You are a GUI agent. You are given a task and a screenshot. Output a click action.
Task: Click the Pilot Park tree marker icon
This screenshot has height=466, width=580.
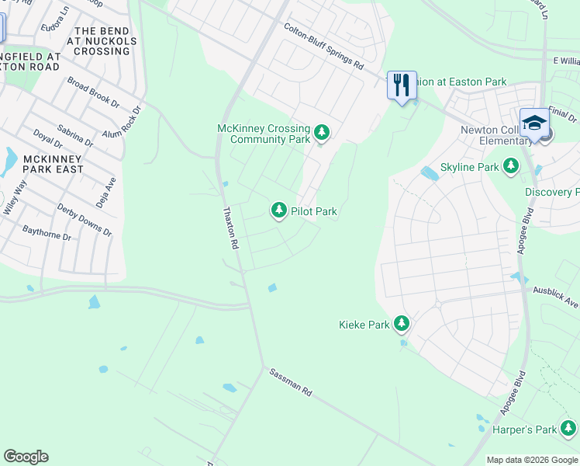click(278, 210)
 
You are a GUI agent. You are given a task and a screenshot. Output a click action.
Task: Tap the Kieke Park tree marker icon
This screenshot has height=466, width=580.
click(401, 323)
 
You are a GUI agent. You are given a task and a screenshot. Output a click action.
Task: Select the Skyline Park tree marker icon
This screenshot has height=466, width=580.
click(510, 166)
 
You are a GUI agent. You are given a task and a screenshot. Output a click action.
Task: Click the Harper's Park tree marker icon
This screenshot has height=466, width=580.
click(568, 428)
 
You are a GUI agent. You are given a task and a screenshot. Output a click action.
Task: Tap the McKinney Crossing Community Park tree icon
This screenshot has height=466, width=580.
click(322, 133)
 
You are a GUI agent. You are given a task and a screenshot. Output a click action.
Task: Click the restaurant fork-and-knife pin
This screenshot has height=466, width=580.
click(401, 85)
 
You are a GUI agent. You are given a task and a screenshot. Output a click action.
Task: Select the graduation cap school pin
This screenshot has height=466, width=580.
click(533, 123)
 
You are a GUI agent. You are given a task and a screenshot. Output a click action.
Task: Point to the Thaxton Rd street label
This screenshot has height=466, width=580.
click(230, 227)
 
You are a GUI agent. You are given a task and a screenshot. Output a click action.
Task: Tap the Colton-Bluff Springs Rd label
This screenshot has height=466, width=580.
click(323, 47)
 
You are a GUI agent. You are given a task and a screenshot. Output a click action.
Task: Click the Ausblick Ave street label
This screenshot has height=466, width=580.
click(555, 295)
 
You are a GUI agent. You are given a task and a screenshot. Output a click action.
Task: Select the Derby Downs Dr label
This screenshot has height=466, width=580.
click(85, 220)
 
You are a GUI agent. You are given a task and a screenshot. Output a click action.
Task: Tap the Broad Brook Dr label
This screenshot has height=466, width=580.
click(93, 92)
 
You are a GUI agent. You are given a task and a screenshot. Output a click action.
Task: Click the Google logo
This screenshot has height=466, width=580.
click(26, 457)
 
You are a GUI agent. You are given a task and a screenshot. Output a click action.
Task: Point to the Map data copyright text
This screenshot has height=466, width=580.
click(531, 460)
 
